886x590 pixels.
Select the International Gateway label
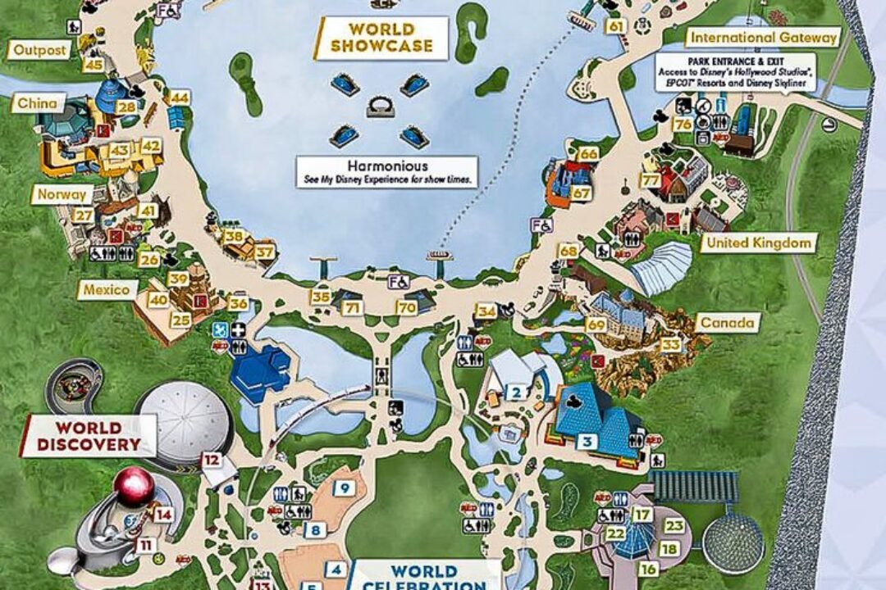tap(764, 37)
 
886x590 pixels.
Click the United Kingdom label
tap(759, 243)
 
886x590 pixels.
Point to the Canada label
tap(727, 323)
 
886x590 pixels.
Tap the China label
tap(38, 103)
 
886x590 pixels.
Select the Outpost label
tap(39, 50)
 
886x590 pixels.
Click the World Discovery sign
tap(89, 436)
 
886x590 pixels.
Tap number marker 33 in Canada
tap(671, 345)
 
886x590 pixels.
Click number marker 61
tap(615, 26)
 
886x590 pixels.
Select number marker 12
tap(212, 460)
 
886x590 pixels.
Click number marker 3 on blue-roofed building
tap(587, 442)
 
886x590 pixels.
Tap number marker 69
tap(596, 325)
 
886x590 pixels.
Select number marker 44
tap(180, 98)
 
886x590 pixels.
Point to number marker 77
tap(651, 180)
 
